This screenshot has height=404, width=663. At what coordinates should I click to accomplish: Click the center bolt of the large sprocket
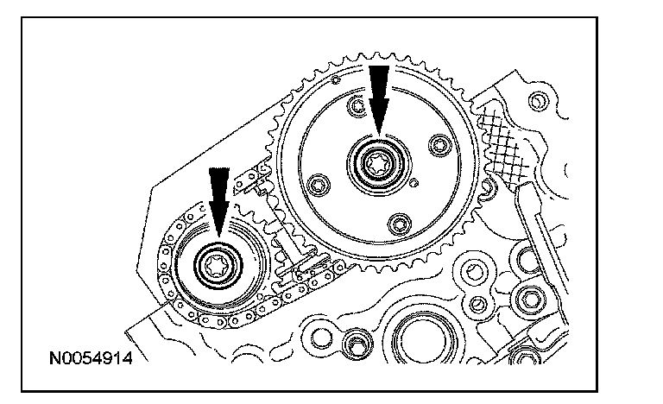tap(377, 161)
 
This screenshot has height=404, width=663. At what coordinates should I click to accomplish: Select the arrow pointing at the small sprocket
tap(219, 200)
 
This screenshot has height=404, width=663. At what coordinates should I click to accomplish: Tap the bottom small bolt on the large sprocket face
tap(400, 224)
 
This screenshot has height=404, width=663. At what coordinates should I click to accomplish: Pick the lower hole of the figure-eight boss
tap(475, 302)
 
